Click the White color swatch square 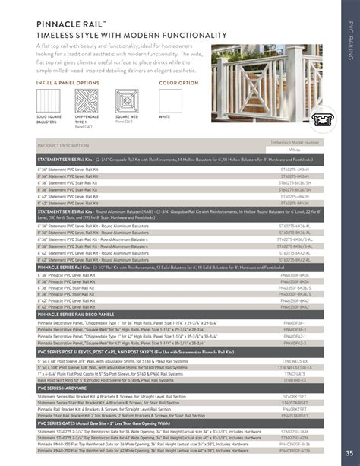[171, 100]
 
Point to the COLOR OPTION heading [178, 81]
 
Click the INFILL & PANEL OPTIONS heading [68, 81]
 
